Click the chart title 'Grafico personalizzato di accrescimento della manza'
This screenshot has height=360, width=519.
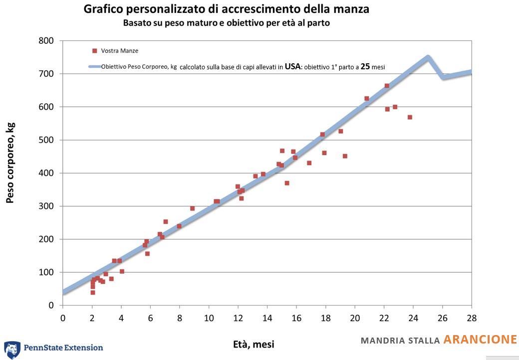coord(226,9)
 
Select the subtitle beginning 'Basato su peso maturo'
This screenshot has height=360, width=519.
coord(227,23)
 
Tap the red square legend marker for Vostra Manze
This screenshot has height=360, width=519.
coord(94,51)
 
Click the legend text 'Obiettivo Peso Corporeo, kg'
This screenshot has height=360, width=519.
coord(139,67)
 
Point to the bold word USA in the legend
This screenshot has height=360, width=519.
coord(292,66)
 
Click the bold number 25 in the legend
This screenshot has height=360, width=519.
coord(365,66)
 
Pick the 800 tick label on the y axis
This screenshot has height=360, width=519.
coord(46,41)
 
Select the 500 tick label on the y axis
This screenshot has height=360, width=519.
coord(46,140)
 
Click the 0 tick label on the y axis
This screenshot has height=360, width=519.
coord(51,306)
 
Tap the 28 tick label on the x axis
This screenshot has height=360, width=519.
coord(471,318)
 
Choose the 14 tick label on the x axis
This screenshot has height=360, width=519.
coord(267,318)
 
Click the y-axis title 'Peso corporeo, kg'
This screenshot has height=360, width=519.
coord(10,163)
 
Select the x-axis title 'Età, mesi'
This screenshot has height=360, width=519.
coord(254,344)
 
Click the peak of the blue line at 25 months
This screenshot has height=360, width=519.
coord(428,58)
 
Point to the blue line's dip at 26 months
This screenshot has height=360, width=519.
coord(443,77)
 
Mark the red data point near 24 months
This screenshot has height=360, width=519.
coord(410,117)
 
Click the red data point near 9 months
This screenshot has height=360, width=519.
coord(192,208)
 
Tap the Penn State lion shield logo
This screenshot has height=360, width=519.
coord(12,350)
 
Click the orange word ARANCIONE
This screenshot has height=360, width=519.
coord(480,340)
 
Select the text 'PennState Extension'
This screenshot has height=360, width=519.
coord(63,348)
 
